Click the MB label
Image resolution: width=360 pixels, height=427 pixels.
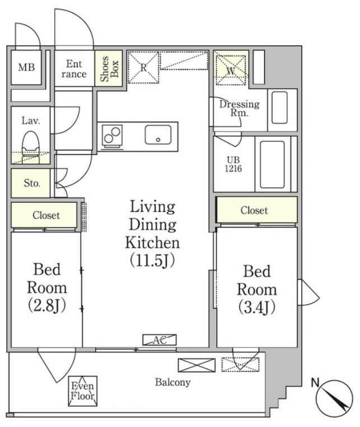click(26, 67)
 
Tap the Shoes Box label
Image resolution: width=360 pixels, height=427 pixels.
click(109, 68)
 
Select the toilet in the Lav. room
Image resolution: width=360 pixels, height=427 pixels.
click(30, 147)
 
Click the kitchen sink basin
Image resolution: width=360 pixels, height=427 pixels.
click(158, 134)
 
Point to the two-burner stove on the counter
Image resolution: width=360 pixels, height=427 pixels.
click(112, 136)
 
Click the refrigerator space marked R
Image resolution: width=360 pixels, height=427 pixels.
click(143, 67)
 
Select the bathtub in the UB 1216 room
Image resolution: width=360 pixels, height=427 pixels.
click(272, 164)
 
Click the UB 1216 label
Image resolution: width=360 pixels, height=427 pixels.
click(233, 164)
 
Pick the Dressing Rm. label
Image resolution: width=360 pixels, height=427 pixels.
click(240, 108)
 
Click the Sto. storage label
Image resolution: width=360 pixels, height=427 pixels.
click(32, 183)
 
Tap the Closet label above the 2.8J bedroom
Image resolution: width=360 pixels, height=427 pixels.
click(46, 215)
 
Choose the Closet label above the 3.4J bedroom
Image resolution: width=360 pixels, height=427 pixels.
click(254, 210)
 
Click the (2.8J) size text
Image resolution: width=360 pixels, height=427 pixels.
click(47, 306)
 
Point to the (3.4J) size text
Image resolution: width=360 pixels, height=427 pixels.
click(257, 307)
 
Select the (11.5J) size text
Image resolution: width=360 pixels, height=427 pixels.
click(152, 261)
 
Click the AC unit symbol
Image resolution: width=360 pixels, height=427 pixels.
click(160, 340)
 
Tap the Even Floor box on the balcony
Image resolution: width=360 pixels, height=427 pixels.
click(82, 391)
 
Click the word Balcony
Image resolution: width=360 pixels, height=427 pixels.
click(173, 382)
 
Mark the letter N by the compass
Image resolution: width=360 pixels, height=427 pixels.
click(315, 383)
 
